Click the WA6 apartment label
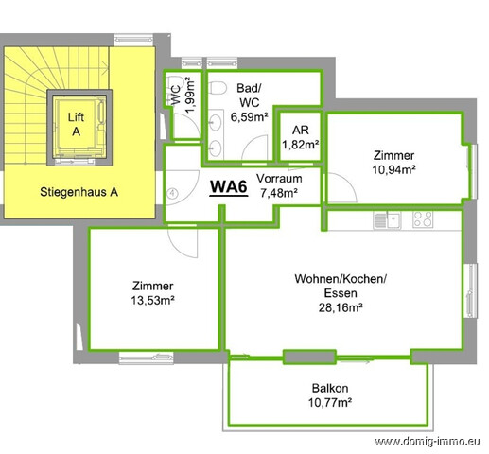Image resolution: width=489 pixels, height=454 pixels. tap(229, 186)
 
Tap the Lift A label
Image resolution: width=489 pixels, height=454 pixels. tap(76, 124)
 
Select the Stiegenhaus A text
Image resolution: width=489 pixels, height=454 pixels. tap(79, 192)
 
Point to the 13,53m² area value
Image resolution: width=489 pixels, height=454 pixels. tap(153, 300)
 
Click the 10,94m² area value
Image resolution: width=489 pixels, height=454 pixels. tap(393, 169)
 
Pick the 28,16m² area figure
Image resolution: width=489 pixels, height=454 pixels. tap(341, 307)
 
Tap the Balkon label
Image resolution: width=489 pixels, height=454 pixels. tap(330, 388)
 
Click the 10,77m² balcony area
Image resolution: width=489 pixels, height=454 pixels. tap(330, 403)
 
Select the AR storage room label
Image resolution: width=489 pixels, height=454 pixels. tap(301, 131)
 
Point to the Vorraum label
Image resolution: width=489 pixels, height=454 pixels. tap(279, 179)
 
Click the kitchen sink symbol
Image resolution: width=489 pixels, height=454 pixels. tap(387, 219)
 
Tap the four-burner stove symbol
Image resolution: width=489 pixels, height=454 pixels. tap(423, 218)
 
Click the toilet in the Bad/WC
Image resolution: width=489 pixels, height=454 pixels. tap(218, 87)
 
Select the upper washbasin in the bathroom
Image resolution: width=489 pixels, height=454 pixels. tap(216, 121)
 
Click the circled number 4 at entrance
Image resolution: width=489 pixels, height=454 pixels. tap(172, 193)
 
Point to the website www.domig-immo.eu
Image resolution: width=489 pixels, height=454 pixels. tap(428, 442)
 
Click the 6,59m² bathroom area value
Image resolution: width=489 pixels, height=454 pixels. tap(250, 117)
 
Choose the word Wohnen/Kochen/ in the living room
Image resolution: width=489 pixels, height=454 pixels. tap(341, 279)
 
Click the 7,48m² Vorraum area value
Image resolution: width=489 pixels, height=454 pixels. tap(279, 193)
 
